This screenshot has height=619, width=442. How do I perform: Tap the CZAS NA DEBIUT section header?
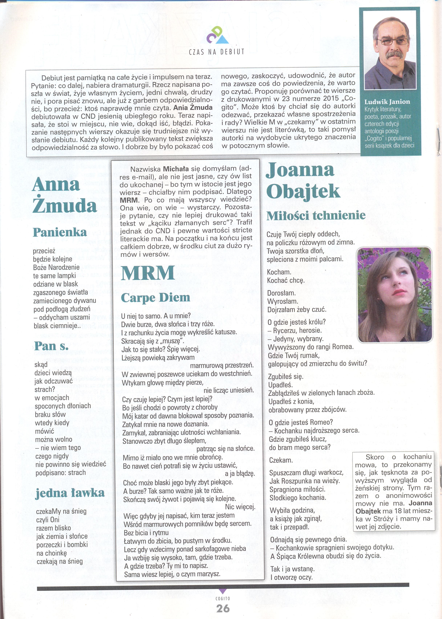pyautogui.click(x=217, y=52)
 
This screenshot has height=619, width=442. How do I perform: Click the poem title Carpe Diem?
pyautogui.click(x=155, y=297)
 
